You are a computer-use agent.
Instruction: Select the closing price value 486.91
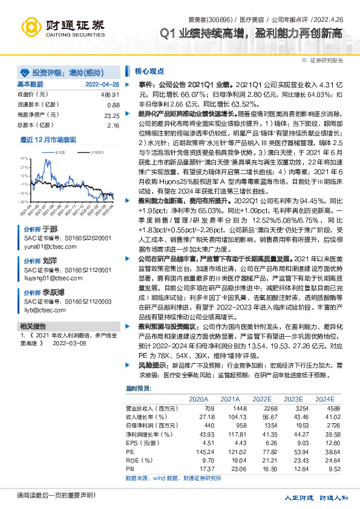pos(111,95)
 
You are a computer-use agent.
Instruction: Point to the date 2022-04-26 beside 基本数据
pos(103,85)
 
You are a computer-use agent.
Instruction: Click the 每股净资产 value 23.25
pos(112,115)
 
